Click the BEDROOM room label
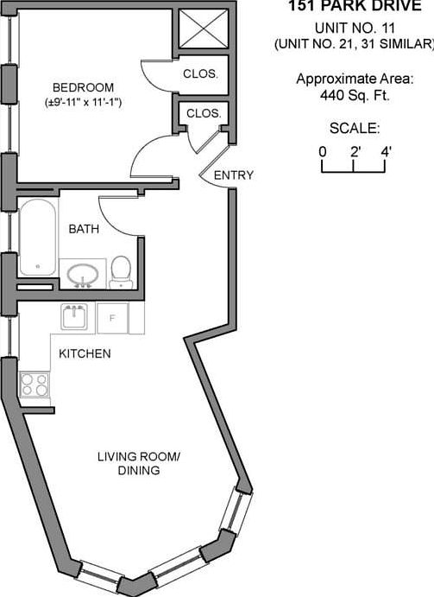click(x=83, y=87)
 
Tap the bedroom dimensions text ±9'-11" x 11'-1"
click(x=83, y=103)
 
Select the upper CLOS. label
click(x=201, y=73)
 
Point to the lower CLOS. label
click(x=204, y=113)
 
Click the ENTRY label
click(x=234, y=175)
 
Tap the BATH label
click(x=84, y=229)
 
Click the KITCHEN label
click(x=85, y=353)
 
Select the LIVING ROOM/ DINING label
click(x=139, y=463)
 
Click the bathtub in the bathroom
click(x=38, y=237)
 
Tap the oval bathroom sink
click(x=83, y=274)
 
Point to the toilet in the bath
click(x=121, y=272)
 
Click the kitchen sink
click(x=74, y=316)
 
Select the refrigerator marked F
click(x=112, y=318)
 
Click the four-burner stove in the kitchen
click(x=35, y=384)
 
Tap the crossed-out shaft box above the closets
click(x=204, y=29)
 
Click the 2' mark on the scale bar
click(x=354, y=166)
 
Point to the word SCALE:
click(x=355, y=129)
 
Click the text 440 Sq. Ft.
click(x=355, y=95)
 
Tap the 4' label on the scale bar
click(x=386, y=152)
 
